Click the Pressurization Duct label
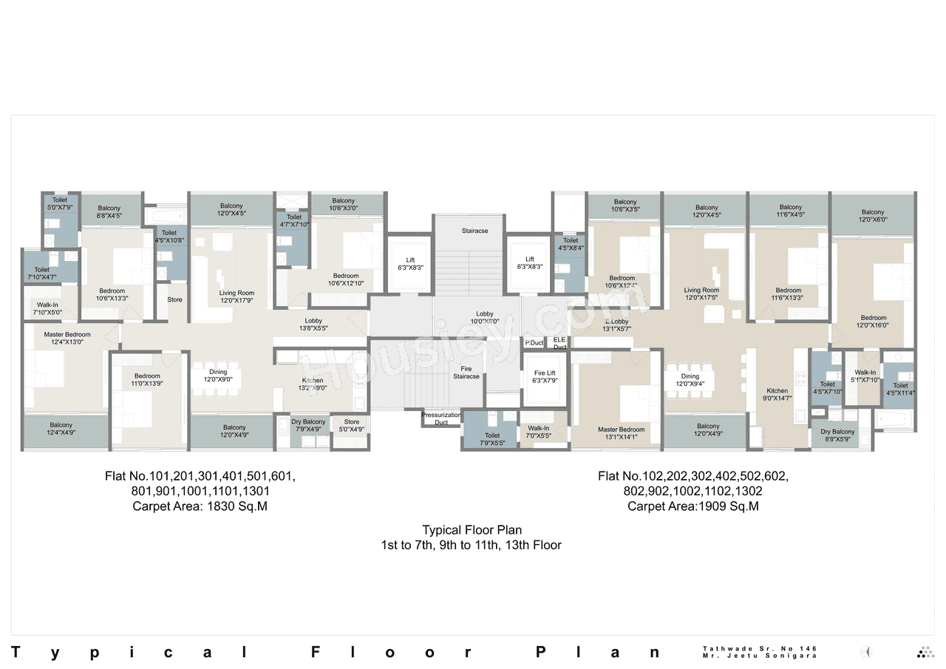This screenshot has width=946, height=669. [441, 418]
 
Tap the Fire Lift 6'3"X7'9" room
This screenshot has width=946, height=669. [544, 377]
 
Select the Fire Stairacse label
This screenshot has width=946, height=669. [466, 373]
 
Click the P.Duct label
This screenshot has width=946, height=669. [534, 343]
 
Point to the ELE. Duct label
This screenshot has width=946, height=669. [559, 343]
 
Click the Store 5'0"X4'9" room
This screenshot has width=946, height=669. [351, 425]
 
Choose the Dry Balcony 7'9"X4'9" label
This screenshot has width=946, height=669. [307, 425]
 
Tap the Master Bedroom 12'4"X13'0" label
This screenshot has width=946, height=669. [67, 338]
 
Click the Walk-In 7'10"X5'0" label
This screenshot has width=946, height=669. [47, 308]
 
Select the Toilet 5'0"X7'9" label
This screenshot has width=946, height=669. [59, 203]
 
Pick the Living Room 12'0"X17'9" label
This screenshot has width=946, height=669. [236, 296]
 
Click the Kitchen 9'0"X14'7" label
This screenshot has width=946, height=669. [777, 394]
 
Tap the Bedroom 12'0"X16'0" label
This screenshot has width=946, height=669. [873, 321]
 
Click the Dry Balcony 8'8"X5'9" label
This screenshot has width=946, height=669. [837, 435]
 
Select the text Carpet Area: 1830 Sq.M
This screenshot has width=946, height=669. [200, 506]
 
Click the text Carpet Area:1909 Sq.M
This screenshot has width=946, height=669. [693, 506]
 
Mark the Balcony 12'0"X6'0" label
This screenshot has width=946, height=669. [873, 216]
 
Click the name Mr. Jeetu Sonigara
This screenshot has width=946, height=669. [759, 656]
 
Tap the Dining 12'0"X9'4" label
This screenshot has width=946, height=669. [690, 380]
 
